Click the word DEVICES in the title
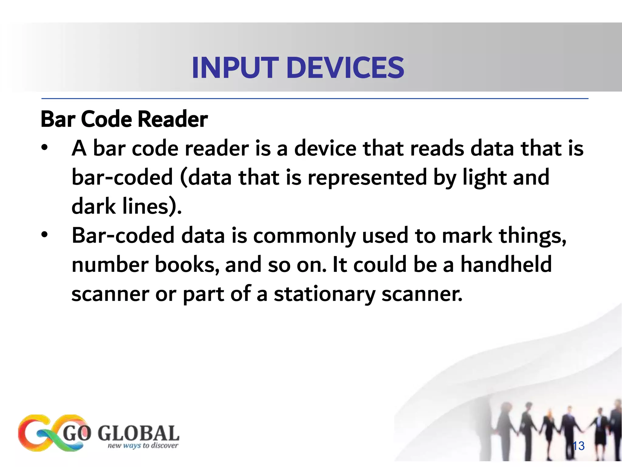(x=345, y=68)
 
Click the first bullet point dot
(x=45, y=148)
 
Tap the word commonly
(x=304, y=236)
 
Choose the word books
(x=187, y=264)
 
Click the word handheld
(x=506, y=264)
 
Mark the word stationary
(x=324, y=294)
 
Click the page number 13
(x=578, y=446)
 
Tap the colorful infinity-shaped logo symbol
(x=50, y=433)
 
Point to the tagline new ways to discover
(x=143, y=446)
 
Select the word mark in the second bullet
(x=467, y=236)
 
